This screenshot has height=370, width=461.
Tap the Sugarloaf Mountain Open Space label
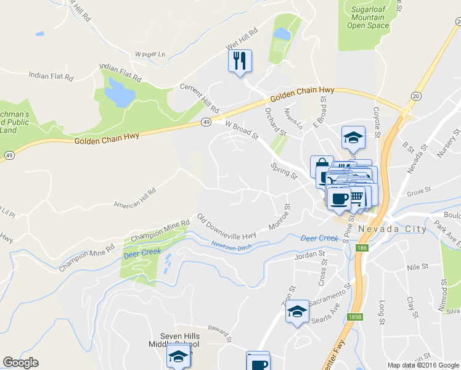point(366,17)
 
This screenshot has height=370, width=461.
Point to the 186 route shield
point(362,247)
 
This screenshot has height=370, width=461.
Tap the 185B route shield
point(354,316)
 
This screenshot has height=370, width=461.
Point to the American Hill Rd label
point(134,198)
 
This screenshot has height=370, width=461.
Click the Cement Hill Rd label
point(199,97)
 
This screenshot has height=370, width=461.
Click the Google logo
point(20,363)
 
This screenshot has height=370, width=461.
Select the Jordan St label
point(309,254)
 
